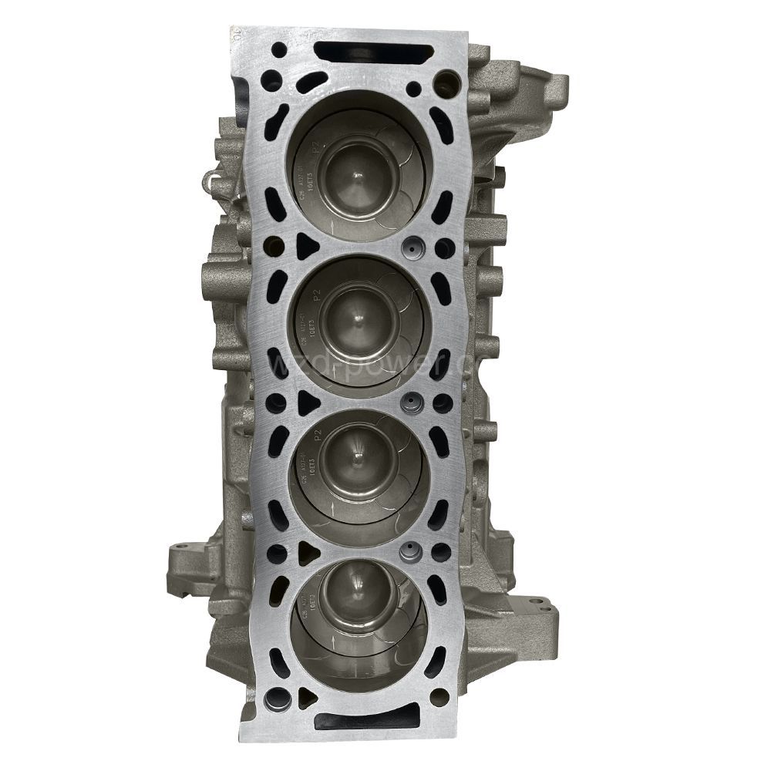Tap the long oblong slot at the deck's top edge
pyautogui.click(x=374, y=53)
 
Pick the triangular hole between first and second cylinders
pyautogui.click(x=306, y=246)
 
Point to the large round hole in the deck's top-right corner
pyautogui.click(x=446, y=82)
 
